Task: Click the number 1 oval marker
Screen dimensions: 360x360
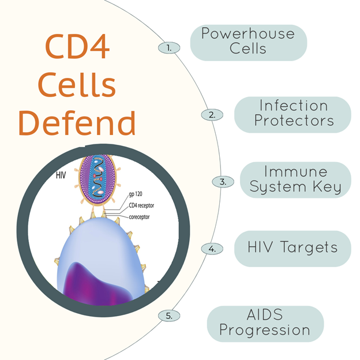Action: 169,48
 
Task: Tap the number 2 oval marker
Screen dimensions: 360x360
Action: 212,115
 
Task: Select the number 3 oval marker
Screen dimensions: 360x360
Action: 223,182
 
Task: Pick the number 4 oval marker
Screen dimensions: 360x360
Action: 212,249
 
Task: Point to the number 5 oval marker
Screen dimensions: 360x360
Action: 169,316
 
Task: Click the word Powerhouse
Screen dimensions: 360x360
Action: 248,33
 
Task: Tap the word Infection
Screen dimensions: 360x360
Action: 294,106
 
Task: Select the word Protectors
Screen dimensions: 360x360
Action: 294,121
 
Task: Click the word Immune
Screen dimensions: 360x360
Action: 296,171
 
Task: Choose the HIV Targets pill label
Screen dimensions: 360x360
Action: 292,249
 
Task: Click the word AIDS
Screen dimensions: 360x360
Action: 265,314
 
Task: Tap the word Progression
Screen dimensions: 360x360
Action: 265,331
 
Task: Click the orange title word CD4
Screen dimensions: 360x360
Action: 77,46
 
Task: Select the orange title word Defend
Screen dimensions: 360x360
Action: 77,123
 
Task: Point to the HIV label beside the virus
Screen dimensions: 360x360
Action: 61,175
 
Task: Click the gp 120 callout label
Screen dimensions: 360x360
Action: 136,194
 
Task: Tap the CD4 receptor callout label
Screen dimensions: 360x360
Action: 141,205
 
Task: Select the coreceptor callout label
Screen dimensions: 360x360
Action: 139,217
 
